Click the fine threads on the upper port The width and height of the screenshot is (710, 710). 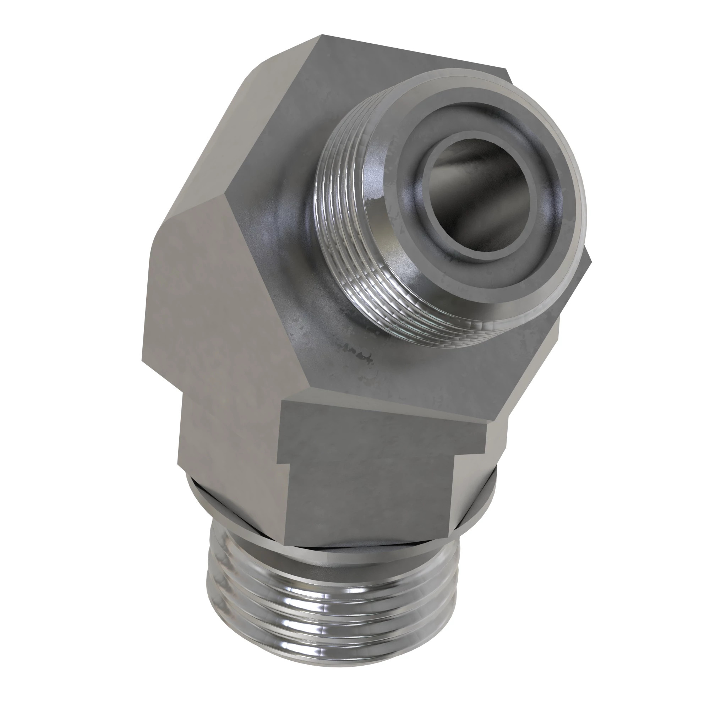click(342, 206)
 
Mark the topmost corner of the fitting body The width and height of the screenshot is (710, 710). click(322, 35)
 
